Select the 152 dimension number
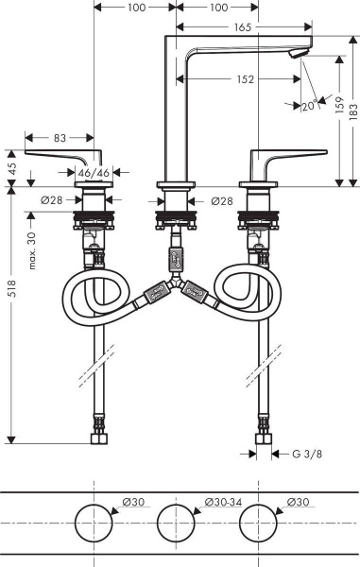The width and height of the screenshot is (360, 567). [245, 79]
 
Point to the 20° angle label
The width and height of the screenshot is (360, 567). [309, 105]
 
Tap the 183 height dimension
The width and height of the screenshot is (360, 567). [351, 112]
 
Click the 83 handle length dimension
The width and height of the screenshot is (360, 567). [60, 138]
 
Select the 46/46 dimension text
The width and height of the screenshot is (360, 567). [93, 174]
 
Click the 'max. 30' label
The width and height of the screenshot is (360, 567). [31, 249]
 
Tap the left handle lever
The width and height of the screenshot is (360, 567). [61, 155]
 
